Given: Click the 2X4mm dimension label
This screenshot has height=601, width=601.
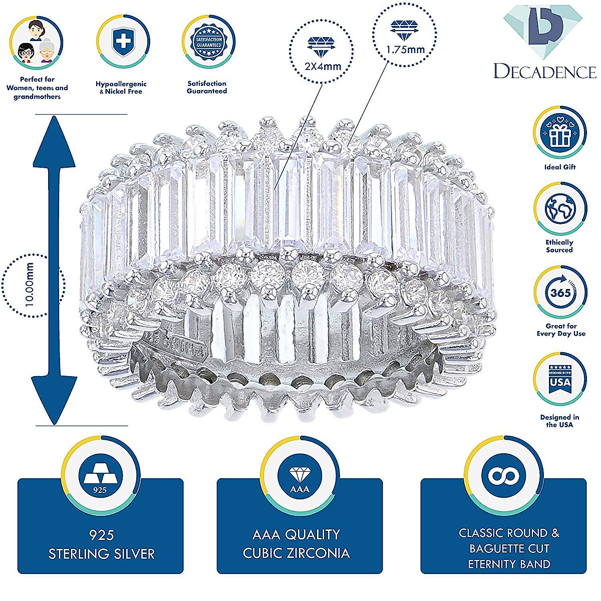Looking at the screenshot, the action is point(323,66).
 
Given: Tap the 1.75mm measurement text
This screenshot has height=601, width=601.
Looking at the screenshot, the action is point(405,50).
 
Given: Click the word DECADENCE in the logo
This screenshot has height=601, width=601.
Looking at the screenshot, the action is point(544,72).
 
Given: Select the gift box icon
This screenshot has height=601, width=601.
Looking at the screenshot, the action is point(559,133).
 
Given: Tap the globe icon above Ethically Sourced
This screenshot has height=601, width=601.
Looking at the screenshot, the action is point(559,209).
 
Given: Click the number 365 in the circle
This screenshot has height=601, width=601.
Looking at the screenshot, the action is point(560,292).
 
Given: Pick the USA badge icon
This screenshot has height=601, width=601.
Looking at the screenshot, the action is point(559,379).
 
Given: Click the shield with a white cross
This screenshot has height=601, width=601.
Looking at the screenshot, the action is point(122,41).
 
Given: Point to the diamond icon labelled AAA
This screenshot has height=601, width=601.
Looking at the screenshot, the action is point(299,477).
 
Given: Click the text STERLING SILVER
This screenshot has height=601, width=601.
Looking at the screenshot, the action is point(102,554).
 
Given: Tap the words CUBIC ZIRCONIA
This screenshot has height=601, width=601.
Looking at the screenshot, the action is point(296,553).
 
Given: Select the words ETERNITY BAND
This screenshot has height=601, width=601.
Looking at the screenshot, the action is point(509,564).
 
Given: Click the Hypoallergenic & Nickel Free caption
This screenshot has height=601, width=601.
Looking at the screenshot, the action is point(121,88).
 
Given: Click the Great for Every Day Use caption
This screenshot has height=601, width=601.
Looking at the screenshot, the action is point(560,330).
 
